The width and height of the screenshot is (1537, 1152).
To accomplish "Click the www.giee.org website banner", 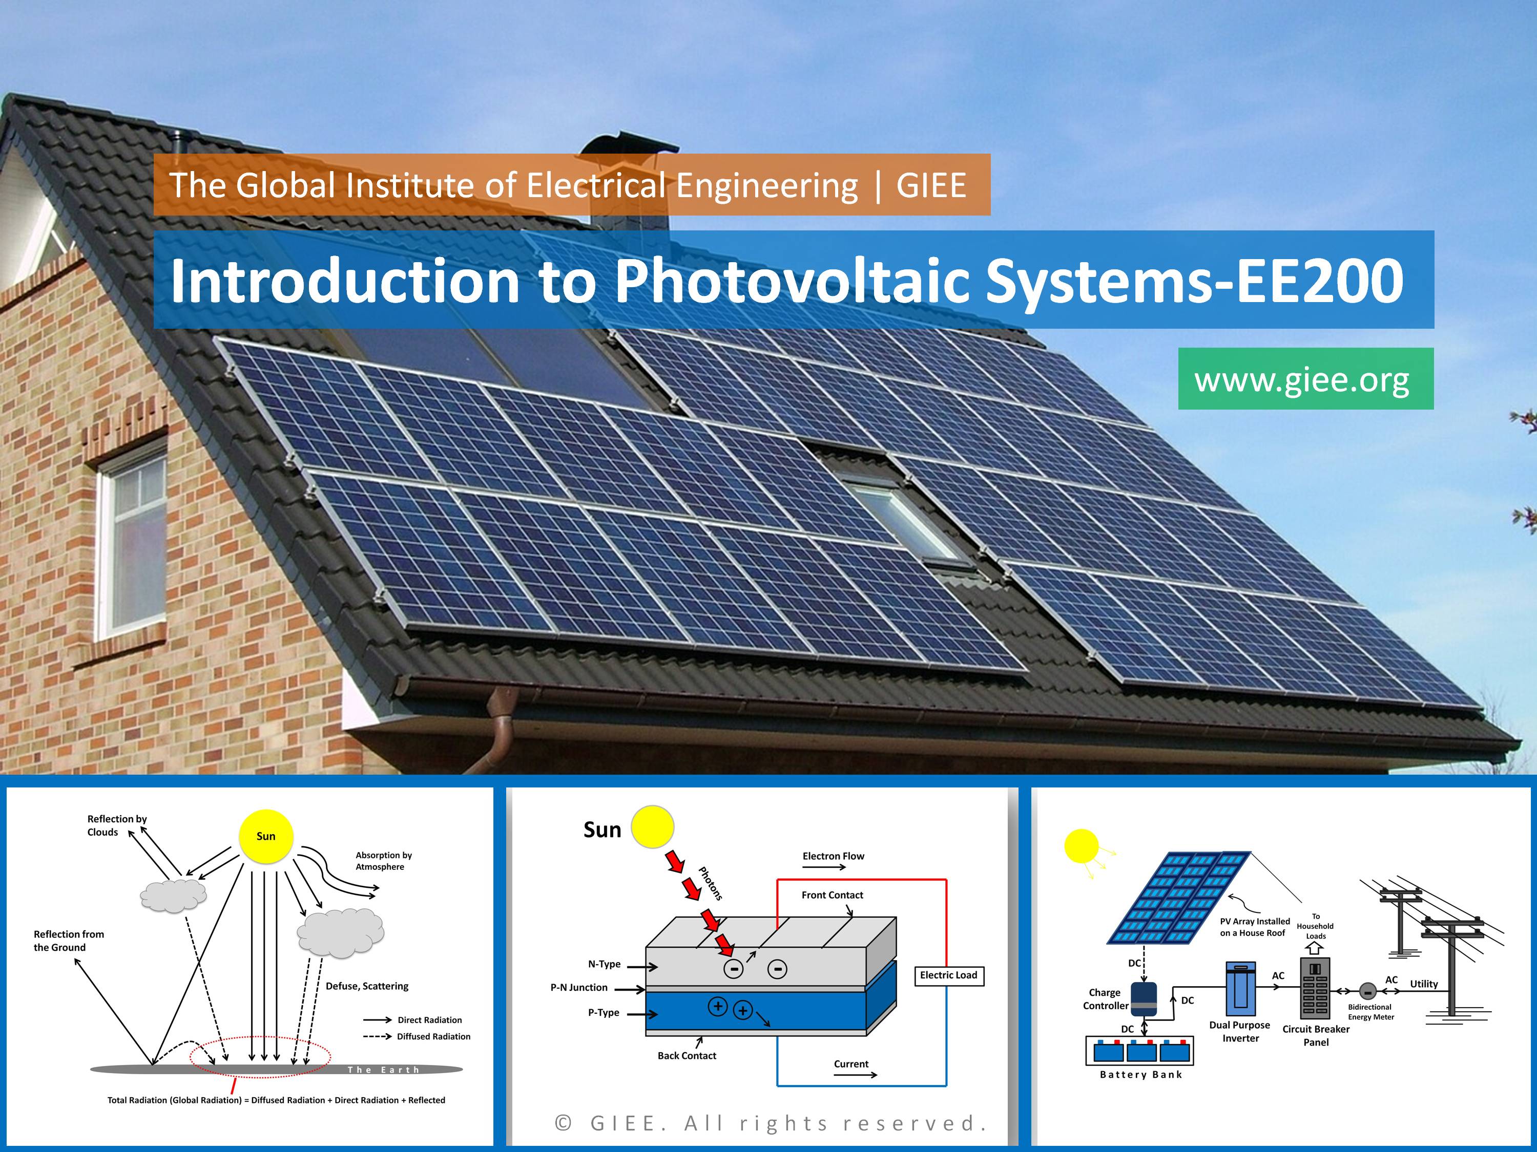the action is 1305,378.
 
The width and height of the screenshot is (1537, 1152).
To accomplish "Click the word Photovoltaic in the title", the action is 792,281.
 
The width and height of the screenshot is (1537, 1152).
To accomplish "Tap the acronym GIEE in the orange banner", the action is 931,185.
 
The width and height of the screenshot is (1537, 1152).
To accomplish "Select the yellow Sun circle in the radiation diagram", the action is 266,836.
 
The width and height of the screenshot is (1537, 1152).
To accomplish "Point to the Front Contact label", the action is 833,895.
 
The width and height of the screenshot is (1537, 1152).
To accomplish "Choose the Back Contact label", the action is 687,1055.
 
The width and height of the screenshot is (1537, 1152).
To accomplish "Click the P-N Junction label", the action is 579,988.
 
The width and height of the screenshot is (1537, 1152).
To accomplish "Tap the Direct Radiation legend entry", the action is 413,1020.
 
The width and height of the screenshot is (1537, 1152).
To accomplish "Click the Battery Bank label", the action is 1141,1075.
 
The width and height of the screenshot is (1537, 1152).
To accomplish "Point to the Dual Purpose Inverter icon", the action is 1241,989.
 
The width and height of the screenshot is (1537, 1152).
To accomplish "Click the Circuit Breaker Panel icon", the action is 1315,989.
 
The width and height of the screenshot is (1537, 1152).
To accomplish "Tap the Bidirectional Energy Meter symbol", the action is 1367,992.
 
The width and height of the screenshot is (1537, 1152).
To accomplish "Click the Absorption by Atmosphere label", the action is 384,861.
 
